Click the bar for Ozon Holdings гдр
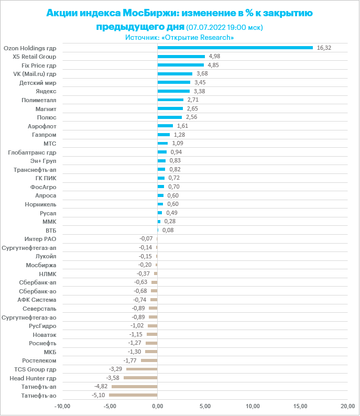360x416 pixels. (235, 48)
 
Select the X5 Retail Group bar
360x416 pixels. (181, 56)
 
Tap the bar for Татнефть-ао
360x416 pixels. (133, 395)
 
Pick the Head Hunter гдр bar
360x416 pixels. (140, 378)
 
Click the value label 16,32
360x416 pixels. (324, 48)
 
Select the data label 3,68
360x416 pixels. (201, 74)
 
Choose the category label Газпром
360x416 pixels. (45, 135)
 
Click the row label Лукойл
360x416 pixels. (46, 256)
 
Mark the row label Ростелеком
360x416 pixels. (39, 360)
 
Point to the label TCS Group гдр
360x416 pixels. (35, 369)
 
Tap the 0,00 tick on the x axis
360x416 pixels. (158, 406)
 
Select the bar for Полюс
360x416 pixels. (170, 117)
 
